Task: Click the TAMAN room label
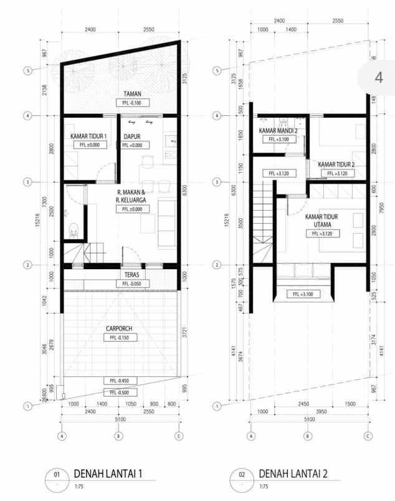tap(131, 93)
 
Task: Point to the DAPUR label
tap(131, 136)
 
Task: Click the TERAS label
tap(131, 274)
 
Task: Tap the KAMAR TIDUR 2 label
tap(336, 165)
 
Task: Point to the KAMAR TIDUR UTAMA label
tap(322, 221)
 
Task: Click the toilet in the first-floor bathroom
tap(73, 230)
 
